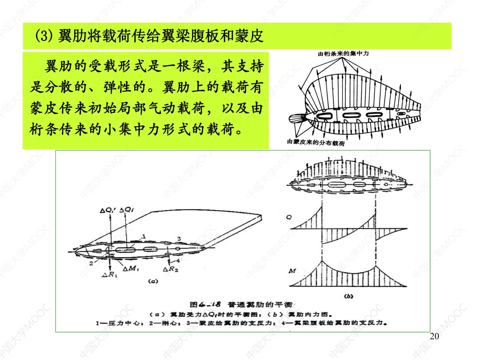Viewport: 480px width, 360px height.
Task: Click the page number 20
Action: [435, 336]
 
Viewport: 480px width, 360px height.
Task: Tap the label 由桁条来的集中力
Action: [343, 54]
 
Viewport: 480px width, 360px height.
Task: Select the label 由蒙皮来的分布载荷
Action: [316, 143]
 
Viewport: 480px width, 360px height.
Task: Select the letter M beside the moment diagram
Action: [292, 271]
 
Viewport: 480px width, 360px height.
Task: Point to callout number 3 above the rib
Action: [179, 239]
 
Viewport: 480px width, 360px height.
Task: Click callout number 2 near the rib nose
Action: [90, 264]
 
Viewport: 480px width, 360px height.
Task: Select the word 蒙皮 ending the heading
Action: [251, 36]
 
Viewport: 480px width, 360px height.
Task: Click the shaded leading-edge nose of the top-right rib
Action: [296, 120]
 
